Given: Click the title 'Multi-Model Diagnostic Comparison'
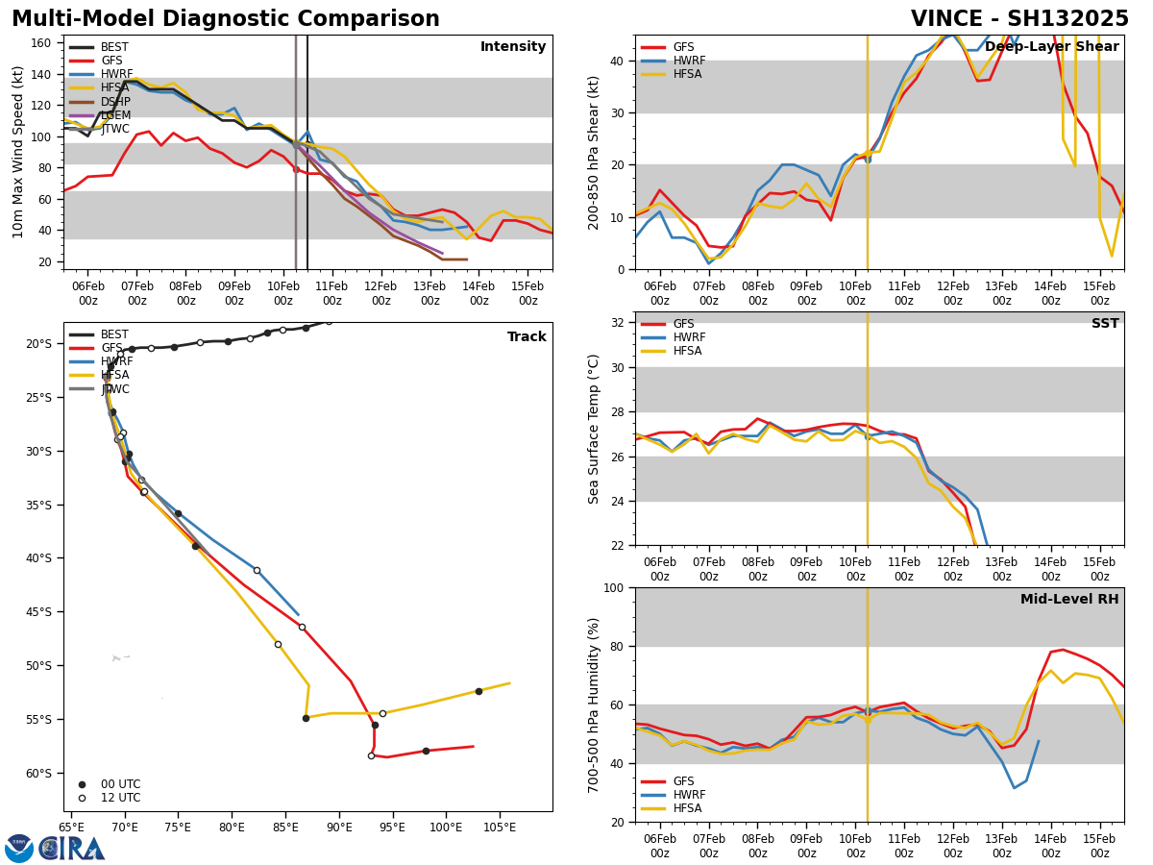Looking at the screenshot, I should (226, 19).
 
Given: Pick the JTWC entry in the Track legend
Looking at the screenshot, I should (115, 389).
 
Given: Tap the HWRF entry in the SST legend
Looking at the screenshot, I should (689, 337).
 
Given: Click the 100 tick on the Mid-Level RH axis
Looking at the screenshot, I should (614, 588).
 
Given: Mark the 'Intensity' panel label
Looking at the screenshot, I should (513, 47).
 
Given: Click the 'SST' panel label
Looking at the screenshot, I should (1104, 324).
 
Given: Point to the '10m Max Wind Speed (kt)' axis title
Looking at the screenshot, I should (18, 152).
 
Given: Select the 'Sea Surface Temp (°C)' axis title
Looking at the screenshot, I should (594, 429).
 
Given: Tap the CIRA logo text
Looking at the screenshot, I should (72, 849).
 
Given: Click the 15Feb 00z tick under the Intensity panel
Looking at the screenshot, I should (527, 293).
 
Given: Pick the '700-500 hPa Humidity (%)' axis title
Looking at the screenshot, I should (594, 704).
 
